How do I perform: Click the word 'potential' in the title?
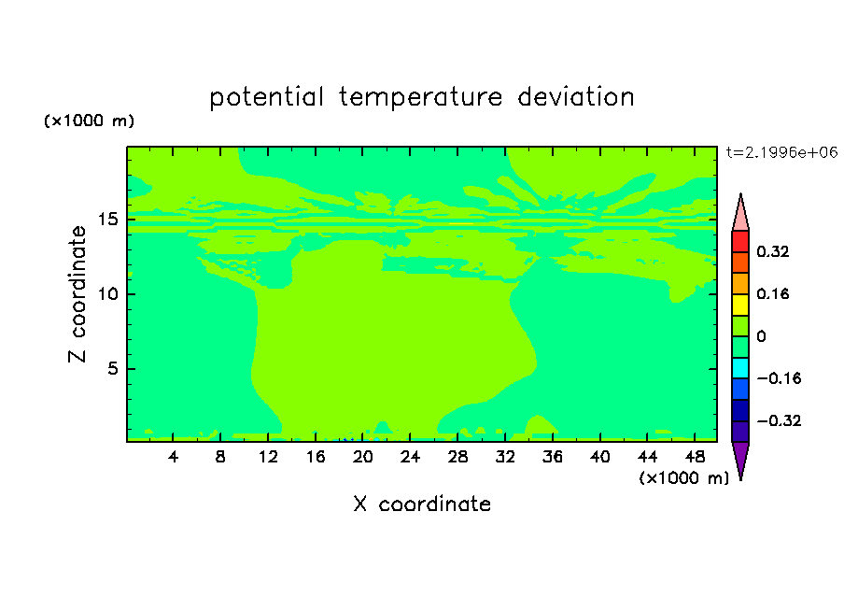(x=266, y=97)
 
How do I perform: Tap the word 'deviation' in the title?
(x=576, y=96)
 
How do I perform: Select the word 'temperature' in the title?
(x=421, y=97)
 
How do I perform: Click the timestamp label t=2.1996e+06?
(x=781, y=152)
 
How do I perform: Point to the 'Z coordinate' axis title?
(x=77, y=294)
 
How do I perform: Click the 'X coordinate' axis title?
(x=422, y=504)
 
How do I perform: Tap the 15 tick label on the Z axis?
(x=108, y=220)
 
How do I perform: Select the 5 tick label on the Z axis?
(x=112, y=368)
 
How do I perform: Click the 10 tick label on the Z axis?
(x=108, y=294)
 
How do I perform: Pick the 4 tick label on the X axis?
(x=173, y=457)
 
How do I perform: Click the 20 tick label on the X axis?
(x=363, y=457)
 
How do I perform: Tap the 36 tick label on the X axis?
(x=553, y=457)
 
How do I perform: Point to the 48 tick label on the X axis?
(x=695, y=457)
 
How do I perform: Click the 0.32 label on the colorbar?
(x=772, y=251)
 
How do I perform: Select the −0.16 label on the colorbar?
(x=779, y=378)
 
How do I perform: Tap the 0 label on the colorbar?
(x=761, y=336)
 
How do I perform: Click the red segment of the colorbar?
(x=740, y=241)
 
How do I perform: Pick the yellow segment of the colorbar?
(x=740, y=305)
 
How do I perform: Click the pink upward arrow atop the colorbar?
(x=740, y=213)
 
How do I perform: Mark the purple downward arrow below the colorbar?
(x=740, y=459)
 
